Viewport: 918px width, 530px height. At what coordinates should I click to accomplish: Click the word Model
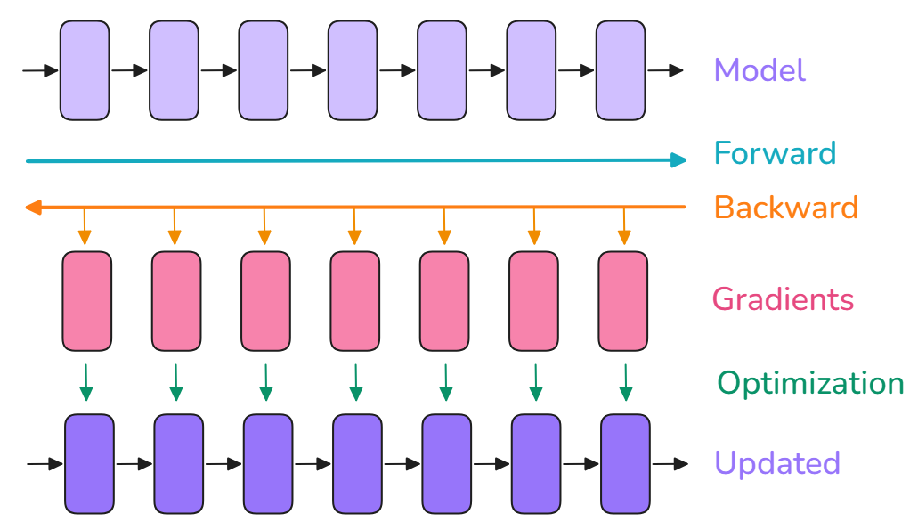coord(760,70)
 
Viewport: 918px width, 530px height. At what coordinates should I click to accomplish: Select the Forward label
coord(775,153)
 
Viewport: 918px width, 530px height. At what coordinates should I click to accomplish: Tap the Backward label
coord(785,208)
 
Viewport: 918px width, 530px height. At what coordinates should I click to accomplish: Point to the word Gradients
coord(783,298)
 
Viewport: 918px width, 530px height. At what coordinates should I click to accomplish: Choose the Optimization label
coord(810,383)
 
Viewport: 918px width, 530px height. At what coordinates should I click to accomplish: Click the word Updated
coord(776,463)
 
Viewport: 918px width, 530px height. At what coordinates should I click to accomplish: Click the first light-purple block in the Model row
coord(85,70)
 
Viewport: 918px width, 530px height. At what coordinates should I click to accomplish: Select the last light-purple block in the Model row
coord(620,70)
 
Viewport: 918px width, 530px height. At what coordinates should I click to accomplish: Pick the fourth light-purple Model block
coord(353,70)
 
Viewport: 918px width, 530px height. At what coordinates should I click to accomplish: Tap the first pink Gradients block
coord(87,301)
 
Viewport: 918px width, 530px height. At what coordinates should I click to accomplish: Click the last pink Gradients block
coord(623,301)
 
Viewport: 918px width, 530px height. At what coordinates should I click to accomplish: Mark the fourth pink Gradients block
coord(355,301)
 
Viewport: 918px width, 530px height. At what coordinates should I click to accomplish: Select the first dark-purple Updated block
coord(90,463)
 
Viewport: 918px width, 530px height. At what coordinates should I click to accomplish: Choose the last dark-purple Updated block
coord(625,463)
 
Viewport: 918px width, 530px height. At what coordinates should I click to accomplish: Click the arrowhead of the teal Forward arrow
coord(679,160)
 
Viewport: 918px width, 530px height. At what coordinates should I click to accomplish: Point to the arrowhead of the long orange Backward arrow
coord(33,208)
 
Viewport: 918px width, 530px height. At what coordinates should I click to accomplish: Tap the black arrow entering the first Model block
coord(40,70)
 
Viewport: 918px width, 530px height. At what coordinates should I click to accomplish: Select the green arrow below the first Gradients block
coord(86,381)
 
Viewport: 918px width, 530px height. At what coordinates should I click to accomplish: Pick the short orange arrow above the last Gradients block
coord(623,226)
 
